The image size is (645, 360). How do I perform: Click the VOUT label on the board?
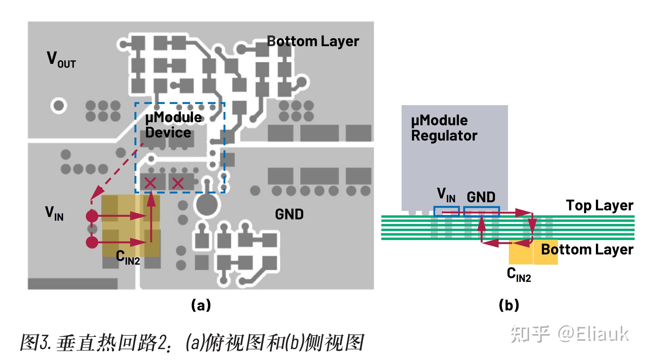(61, 59)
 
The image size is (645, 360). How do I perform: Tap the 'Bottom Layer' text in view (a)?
(313, 41)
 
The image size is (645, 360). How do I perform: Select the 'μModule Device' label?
(173, 125)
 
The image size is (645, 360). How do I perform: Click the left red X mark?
(150, 183)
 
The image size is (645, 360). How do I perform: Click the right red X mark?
(178, 183)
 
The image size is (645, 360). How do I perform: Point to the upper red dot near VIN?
(92, 216)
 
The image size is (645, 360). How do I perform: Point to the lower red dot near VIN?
(92, 242)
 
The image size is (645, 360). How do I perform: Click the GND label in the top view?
(289, 214)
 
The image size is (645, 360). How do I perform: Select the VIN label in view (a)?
(54, 213)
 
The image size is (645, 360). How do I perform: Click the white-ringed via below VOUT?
(59, 105)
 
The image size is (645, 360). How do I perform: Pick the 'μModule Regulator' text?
(444, 128)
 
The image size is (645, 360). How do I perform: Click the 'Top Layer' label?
(600, 205)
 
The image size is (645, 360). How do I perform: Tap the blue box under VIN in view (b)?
(446, 211)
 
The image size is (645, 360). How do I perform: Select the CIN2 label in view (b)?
(519, 274)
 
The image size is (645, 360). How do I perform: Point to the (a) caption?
(201, 305)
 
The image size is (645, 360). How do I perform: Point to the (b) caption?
(509, 305)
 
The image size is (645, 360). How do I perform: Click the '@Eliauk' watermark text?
(593, 334)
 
